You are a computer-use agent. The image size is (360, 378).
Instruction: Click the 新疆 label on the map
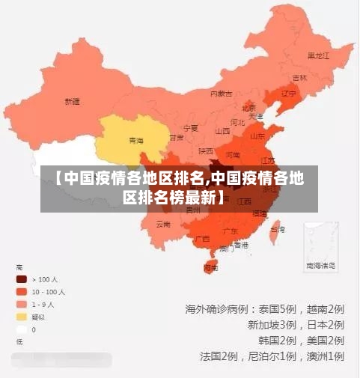(x=72, y=101)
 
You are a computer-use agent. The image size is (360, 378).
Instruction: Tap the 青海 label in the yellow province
(x=135, y=140)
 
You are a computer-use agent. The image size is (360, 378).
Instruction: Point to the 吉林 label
(x=300, y=77)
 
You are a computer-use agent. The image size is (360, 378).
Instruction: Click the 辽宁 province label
(x=289, y=94)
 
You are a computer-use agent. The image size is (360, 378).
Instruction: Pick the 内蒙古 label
(x=221, y=94)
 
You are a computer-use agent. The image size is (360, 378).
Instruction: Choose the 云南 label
(x=163, y=224)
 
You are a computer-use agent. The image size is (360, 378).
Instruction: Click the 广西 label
(x=202, y=238)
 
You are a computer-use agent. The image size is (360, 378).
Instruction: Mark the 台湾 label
(x=277, y=229)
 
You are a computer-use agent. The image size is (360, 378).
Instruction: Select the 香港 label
(x=241, y=245)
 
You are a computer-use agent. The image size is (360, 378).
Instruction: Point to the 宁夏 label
(x=191, y=128)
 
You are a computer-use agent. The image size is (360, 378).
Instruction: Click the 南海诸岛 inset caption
(x=320, y=265)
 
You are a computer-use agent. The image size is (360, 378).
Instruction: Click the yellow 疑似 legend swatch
(x=22, y=317)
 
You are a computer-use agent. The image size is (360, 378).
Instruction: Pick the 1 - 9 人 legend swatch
(x=22, y=305)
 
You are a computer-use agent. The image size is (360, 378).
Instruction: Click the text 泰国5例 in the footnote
(x=277, y=308)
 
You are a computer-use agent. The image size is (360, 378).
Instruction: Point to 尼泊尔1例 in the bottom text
(x=275, y=356)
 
